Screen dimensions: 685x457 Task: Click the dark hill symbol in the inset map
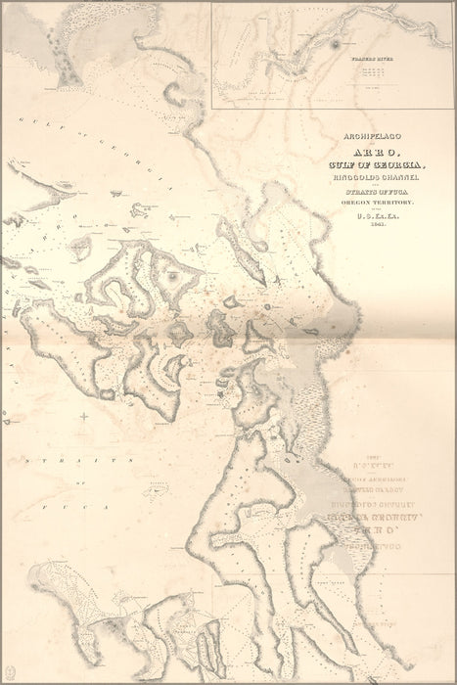click(337, 44)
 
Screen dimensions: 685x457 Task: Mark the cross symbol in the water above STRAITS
click(84, 417)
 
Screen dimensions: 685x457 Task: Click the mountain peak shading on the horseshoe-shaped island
click(174, 276)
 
